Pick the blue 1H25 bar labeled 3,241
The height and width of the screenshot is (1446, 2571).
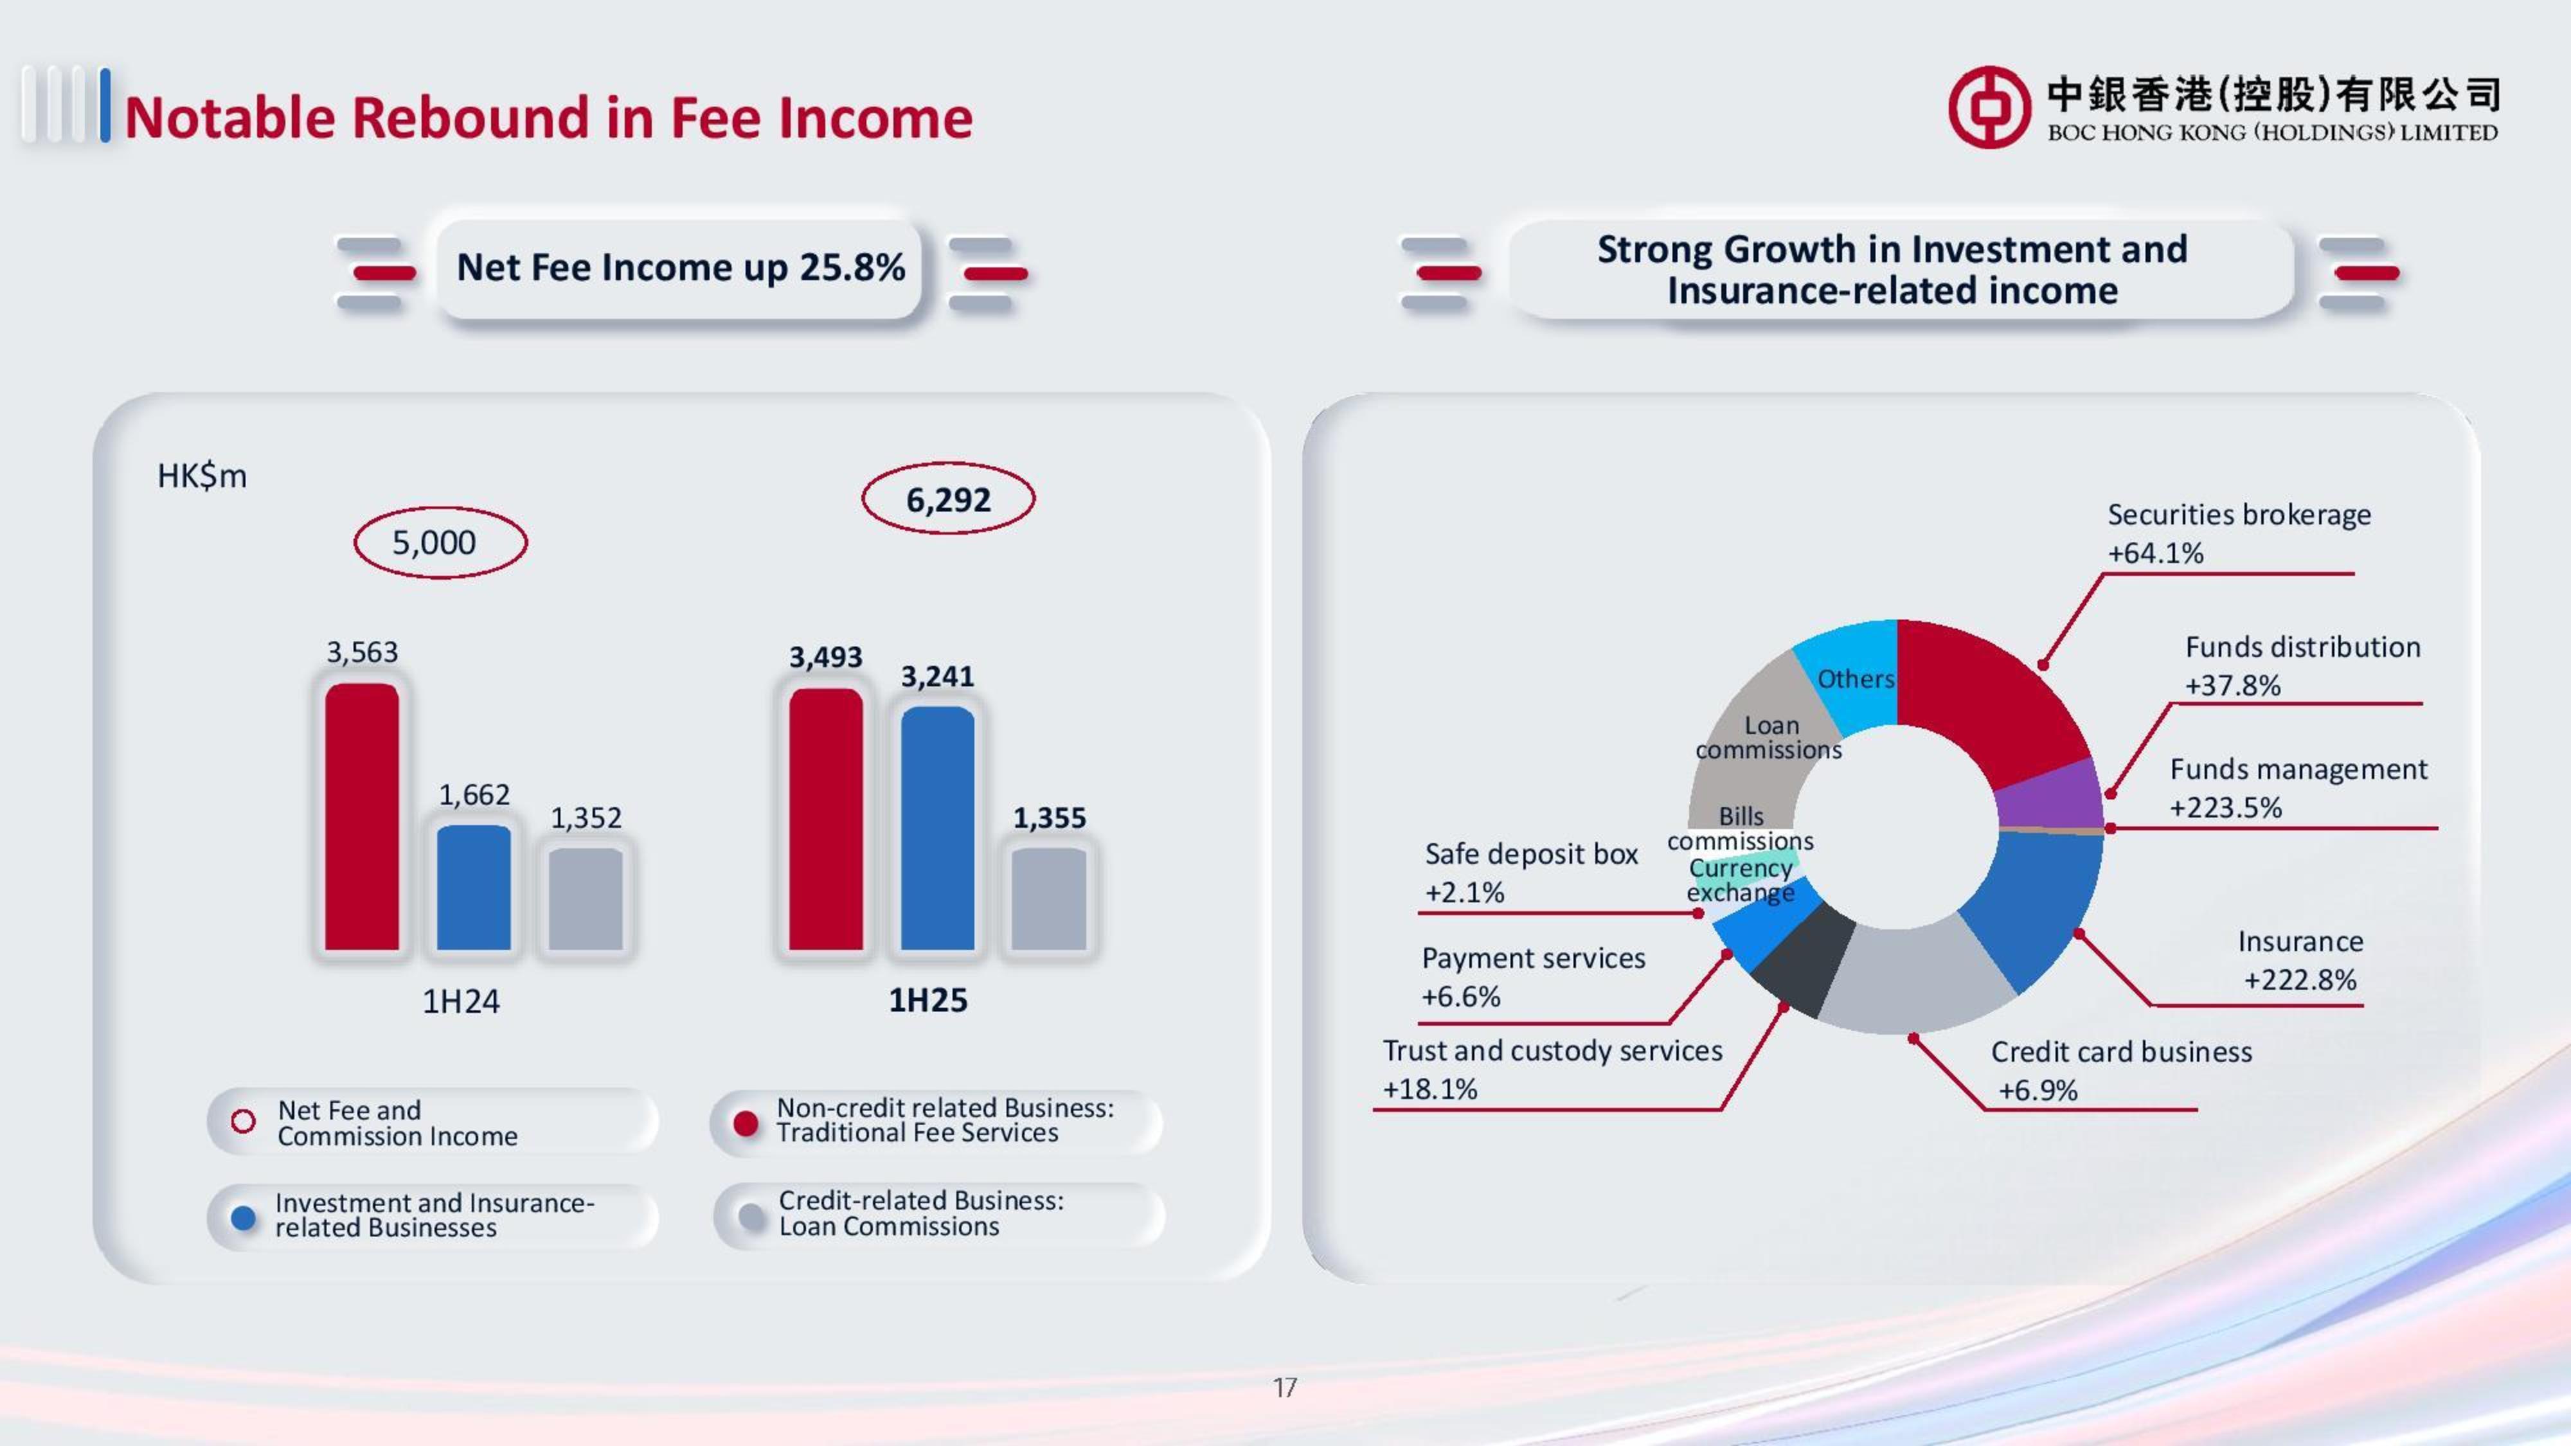click(x=937, y=828)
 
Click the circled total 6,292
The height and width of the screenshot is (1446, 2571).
click(x=948, y=499)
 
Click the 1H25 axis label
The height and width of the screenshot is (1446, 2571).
click(x=927, y=1000)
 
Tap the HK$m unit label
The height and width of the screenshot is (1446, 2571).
click(x=202, y=476)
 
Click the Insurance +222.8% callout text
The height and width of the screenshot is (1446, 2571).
click(x=2300, y=960)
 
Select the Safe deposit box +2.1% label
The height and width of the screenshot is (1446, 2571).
click(x=1530, y=872)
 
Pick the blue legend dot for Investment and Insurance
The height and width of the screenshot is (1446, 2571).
click(x=242, y=1217)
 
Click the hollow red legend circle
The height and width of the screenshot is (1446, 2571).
click(x=242, y=1121)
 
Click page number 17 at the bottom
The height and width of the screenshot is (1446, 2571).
click(x=1284, y=1387)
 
